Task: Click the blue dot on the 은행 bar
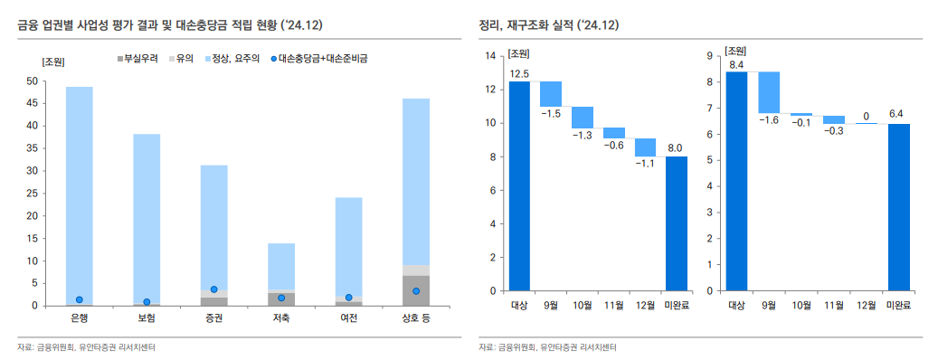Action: tap(80, 299)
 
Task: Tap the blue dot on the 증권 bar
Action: tap(213, 289)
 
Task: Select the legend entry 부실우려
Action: tap(139, 58)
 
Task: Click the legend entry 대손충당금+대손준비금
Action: tap(323, 58)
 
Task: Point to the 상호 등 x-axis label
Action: tap(416, 318)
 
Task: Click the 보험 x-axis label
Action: tap(147, 318)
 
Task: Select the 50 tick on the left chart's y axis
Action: tap(33, 81)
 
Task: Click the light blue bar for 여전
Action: tap(348, 244)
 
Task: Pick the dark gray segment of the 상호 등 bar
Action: tap(416, 290)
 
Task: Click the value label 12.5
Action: tap(519, 73)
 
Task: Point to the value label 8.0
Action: tap(676, 147)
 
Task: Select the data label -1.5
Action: tap(551, 113)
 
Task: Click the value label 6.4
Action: tap(896, 114)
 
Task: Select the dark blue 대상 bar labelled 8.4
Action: tap(736, 181)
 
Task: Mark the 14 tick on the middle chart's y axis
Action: tap(490, 56)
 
